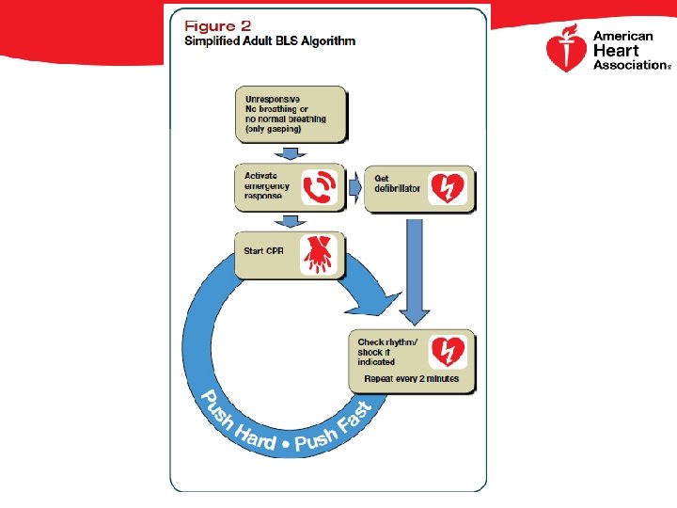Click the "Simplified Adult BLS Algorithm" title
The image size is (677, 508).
coord(269,41)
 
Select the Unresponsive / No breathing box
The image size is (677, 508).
coord(291,114)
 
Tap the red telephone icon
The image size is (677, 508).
coord(319,186)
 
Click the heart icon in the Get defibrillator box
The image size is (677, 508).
coord(447,187)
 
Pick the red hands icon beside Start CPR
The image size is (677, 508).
coord(318,254)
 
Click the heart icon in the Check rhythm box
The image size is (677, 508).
coord(447,351)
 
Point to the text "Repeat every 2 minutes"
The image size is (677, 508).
coord(411,379)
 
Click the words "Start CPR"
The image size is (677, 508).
coord(264,250)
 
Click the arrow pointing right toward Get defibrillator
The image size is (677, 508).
coord(354,186)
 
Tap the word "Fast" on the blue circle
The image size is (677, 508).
coord(354,418)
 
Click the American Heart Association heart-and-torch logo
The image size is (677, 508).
coord(566,50)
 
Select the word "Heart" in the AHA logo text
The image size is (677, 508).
coord(616,51)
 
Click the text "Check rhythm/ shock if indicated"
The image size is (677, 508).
coord(387,351)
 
